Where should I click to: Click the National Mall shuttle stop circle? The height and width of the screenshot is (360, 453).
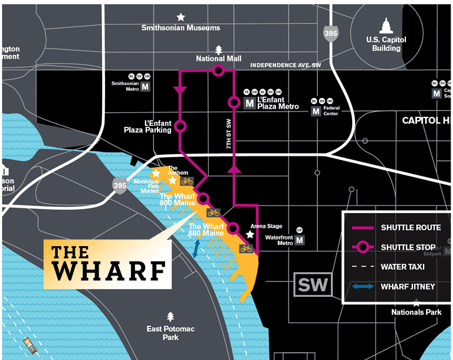(x=218, y=71)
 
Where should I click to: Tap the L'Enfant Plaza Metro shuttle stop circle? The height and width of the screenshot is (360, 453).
(x=234, y=103)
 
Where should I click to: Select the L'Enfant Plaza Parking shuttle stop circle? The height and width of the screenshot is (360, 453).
(x=180, y=126)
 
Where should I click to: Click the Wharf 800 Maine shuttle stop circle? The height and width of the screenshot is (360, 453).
(x=204, y=198)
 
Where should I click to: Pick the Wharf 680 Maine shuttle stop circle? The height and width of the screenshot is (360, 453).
(x=234, y=228)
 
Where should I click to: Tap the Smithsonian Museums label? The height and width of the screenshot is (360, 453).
(x=180, y=28)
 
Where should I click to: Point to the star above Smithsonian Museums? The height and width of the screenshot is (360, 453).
(x=180, y=17)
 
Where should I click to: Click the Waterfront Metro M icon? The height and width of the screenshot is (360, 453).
(x=300, y=240)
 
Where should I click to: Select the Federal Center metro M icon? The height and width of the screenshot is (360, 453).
(x=316, y=111)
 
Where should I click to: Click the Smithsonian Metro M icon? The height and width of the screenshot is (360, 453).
(x=145, y=87)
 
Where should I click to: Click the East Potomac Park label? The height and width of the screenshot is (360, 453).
(x=170, y=333)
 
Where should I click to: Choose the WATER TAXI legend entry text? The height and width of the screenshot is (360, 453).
(x=403, y=267)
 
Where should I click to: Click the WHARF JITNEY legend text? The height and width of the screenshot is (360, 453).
(x=407, y=286)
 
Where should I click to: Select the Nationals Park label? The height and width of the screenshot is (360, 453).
(x=416, y=312)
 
